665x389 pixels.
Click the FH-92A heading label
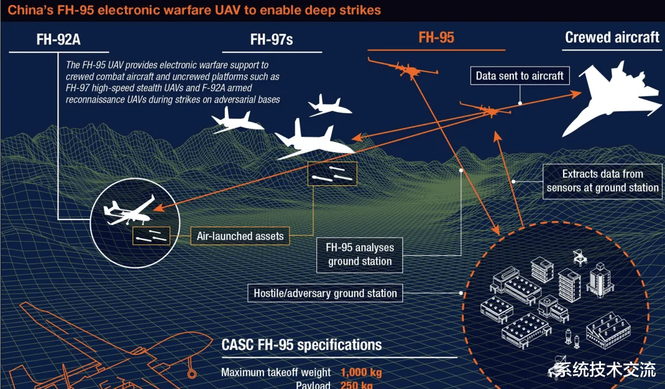(58, 40)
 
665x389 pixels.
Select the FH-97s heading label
(271, 40)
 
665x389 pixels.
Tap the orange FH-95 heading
(436, 37)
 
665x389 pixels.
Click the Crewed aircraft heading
(612, 37)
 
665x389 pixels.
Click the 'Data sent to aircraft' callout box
(520, 76)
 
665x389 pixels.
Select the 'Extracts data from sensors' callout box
(602, 181)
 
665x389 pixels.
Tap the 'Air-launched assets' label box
(240, 236)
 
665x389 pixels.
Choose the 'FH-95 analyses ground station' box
(360, 254)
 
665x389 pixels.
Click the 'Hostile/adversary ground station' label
(325, 293)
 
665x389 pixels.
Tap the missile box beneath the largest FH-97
(332, 174)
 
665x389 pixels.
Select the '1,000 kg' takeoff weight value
(360, 373)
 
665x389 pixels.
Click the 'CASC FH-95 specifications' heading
(301, 345)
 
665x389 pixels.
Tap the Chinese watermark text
(605, 370)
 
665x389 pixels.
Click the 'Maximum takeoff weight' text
(276, 373)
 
